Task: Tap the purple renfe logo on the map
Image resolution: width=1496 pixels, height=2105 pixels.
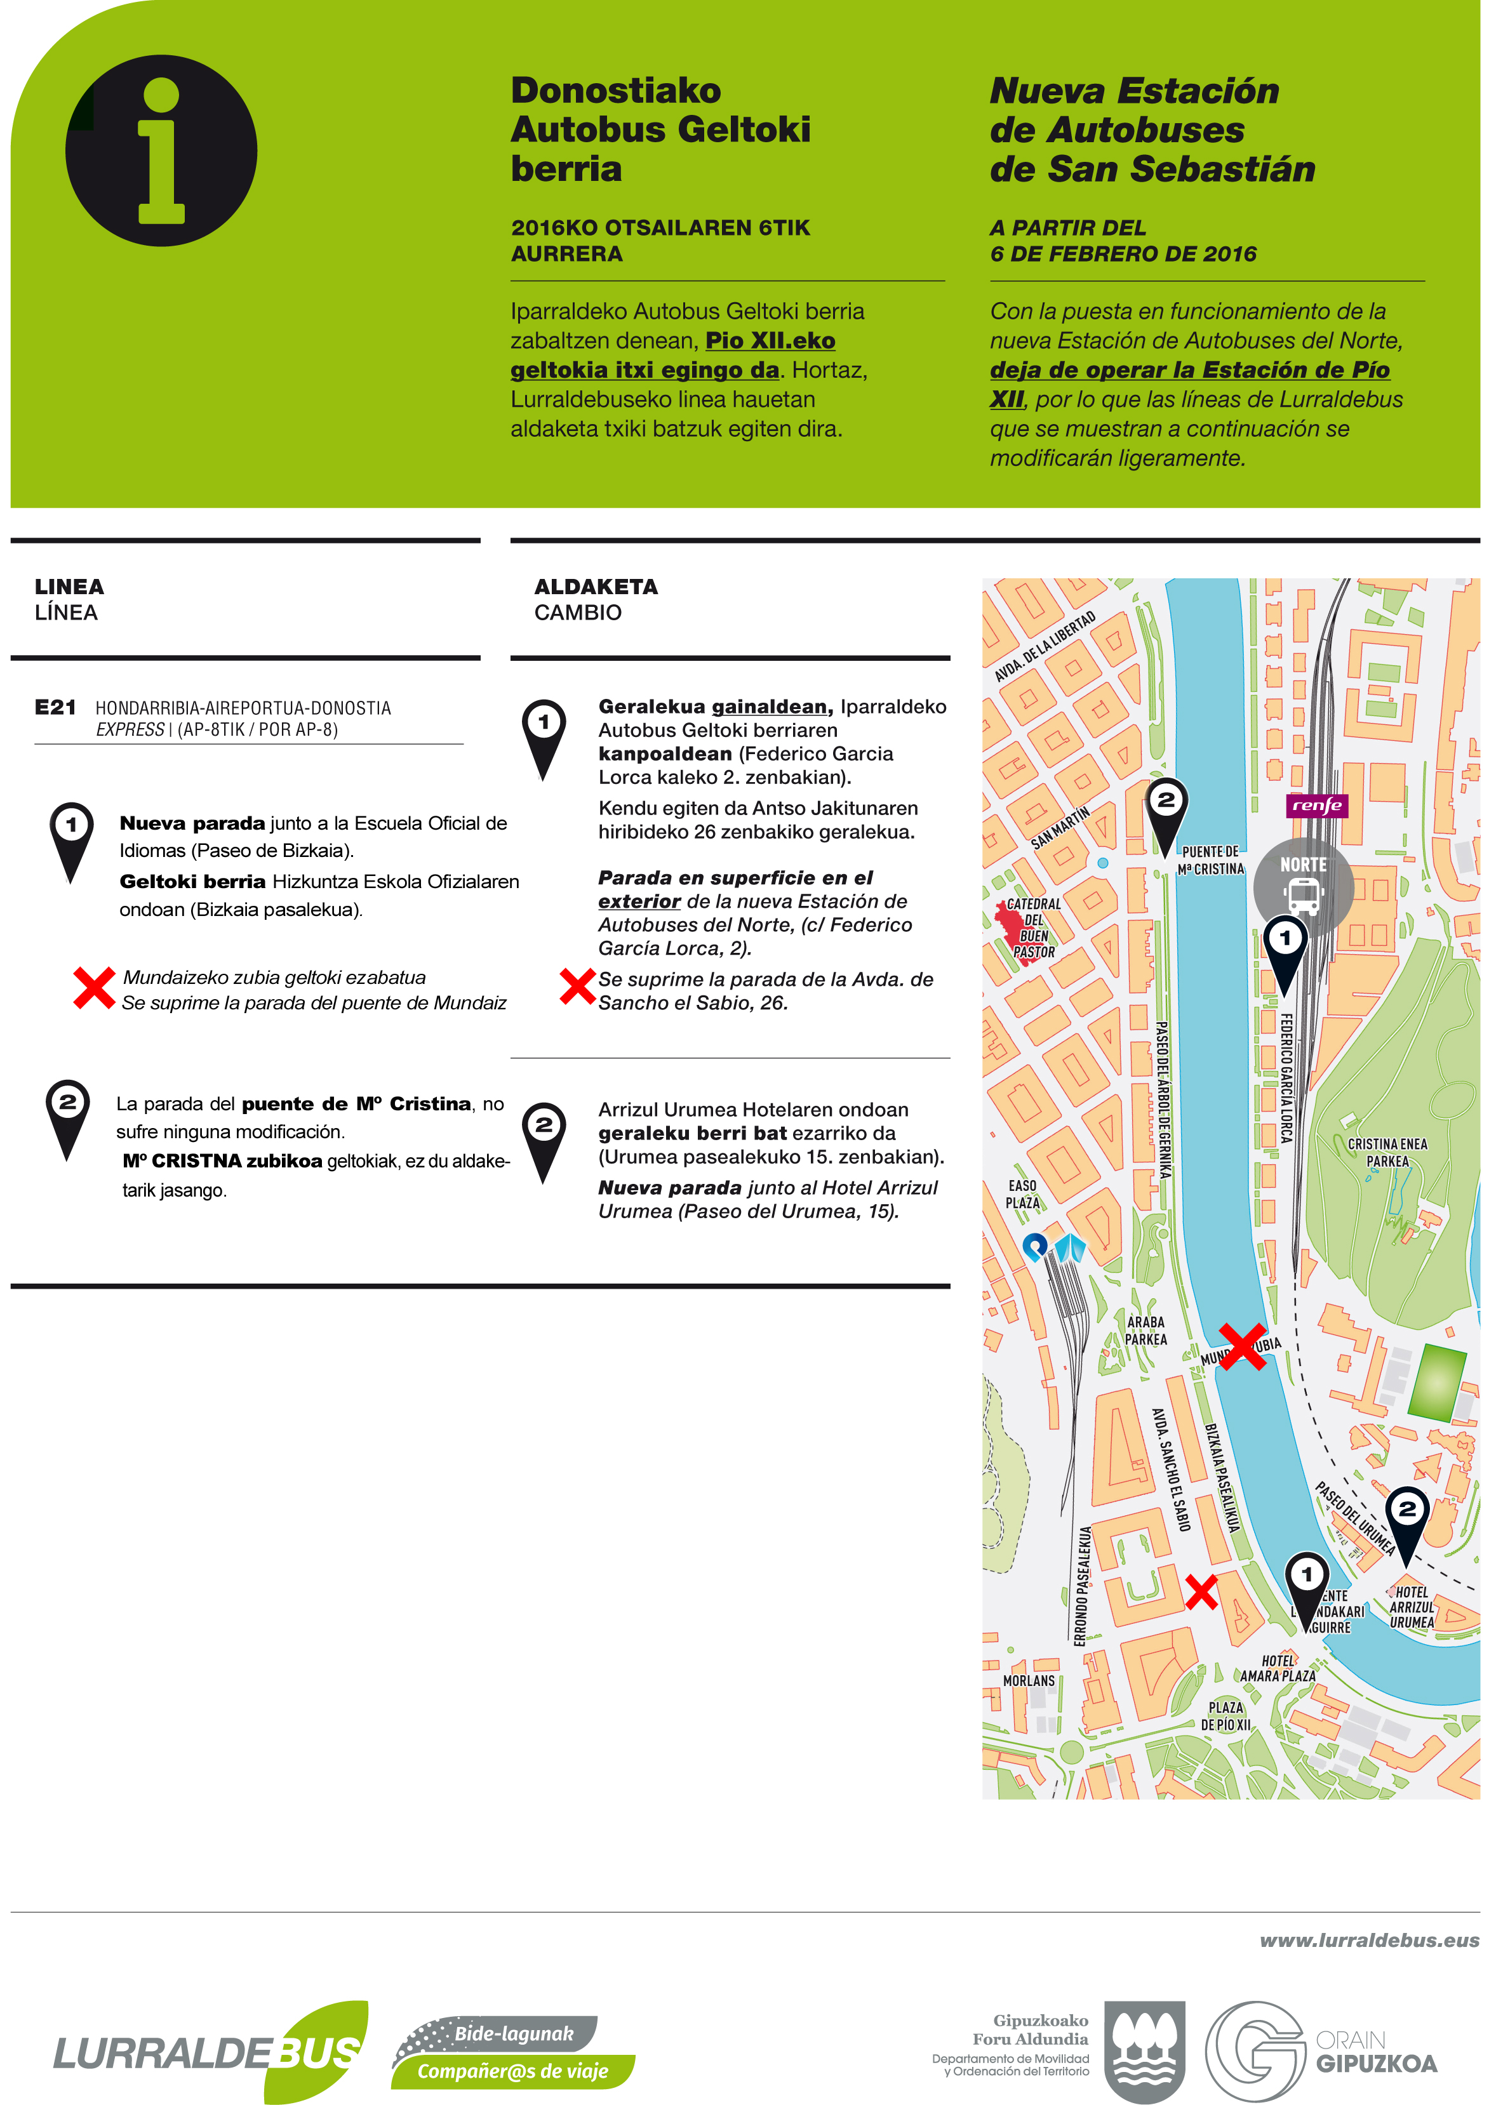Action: coord(1316,806)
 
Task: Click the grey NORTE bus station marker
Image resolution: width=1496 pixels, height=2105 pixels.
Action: coord(1302,885)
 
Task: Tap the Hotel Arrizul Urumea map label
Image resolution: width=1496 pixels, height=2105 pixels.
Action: coord(1412,1607)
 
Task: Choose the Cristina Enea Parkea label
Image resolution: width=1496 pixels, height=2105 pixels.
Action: coord(1387,1152)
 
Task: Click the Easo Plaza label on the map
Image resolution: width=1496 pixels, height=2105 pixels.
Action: coord(1022,1194)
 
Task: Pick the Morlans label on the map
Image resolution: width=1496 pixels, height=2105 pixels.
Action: coord(1029,1680)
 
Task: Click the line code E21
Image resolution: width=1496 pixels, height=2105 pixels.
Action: coord(55,707)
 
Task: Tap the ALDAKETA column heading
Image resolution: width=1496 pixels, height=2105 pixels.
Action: coord(596,587)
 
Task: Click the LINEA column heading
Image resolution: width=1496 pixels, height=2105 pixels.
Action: coord(69,587)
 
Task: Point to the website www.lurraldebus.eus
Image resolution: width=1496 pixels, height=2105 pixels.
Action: coord(1369,1940)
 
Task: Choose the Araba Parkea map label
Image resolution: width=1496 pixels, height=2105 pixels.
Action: coord(1146,1331)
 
